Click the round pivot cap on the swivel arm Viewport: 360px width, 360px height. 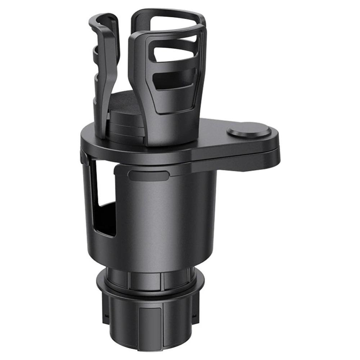[249, 131]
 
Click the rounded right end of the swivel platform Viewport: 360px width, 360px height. [275, 148]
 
